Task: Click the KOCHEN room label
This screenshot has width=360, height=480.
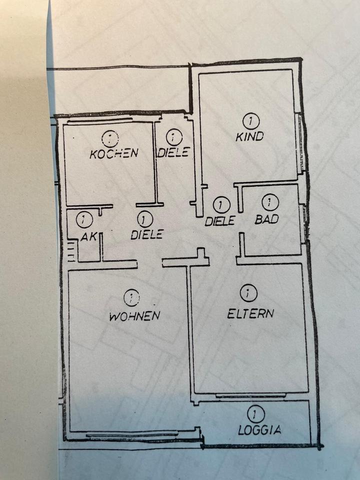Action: [113, 153]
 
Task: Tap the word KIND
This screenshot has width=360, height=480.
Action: [249, 136]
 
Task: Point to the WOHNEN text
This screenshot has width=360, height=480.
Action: [134, 315]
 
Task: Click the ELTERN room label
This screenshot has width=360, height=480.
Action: [250, 313]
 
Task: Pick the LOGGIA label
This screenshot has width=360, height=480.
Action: [259, 429]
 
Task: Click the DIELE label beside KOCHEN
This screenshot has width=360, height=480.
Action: [173, 152]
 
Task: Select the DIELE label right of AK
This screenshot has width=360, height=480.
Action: [146, 234]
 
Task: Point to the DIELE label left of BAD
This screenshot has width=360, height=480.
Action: [220, 220]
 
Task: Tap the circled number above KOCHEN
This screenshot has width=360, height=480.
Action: [109, 137]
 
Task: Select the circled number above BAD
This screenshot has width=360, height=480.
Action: [270, 202]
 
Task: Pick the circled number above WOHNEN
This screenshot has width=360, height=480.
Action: [131, 298]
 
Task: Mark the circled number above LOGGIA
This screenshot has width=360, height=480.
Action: [255, 413]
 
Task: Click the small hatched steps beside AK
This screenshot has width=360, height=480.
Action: [71, 251]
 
